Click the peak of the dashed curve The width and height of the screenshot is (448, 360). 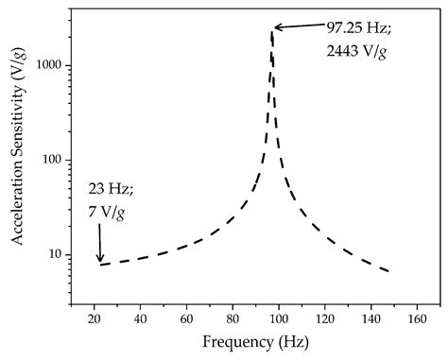272,31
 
